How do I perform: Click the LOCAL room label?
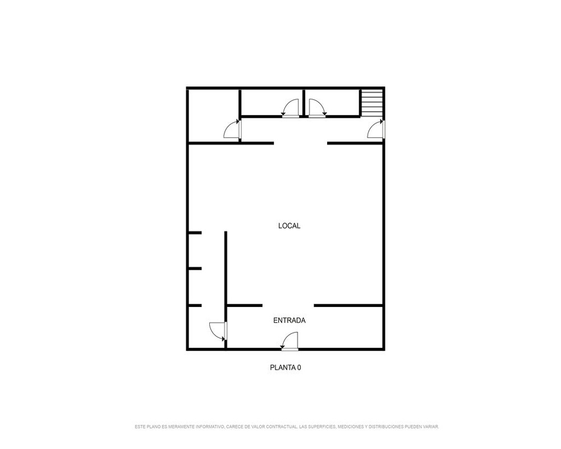pyautogui.click(x=289, y=226)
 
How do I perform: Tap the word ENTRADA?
pyautogui.click(x=289, y=320)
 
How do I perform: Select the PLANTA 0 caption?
pyautogui.click(x=285, y=368)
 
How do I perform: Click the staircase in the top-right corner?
pyautogui.click(x=372, y=103)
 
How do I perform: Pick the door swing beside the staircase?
pyautogui.click(x=376, y=129)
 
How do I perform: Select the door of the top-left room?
pyautogui.click(x=232, y=129)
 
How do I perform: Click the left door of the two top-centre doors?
pyautogui.click(x=290, y=108)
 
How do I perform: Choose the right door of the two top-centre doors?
pyautogui.click(x=318, y=108)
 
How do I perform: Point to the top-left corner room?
pyautogui.click(x=213, y=115)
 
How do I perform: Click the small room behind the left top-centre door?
pyautogui.click(x=272, y=102)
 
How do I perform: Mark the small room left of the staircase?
pyautogui.click(x=332, y=102)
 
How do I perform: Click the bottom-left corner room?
pyautogui.click(x=206, y=327)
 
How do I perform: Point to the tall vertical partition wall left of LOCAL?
pyautogui.click(x=226, y=289)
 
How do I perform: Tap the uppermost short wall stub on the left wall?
pyautogui.click(x=195, y=233)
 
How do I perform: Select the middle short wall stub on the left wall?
pyautogui.click(x=195, y=268)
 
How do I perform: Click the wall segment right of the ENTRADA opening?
pyautogui.click(x=348, y=305)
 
